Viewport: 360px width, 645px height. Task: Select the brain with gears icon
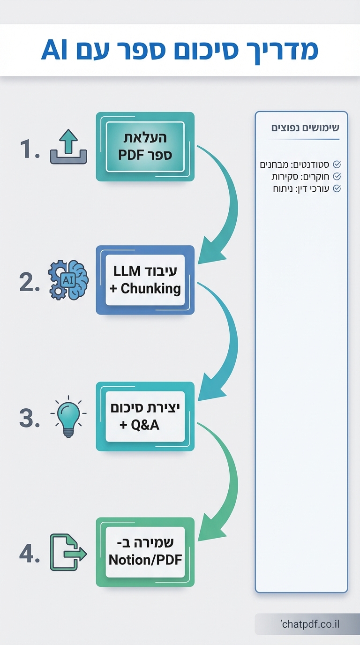point(68,280)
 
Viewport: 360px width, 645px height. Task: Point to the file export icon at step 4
point(68,553)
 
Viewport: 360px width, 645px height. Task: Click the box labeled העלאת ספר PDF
point(145,146)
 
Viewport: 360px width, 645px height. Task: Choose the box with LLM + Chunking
point(145,280)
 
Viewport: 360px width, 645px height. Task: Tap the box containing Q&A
point(145,416)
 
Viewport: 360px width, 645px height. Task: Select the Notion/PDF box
point(145,552)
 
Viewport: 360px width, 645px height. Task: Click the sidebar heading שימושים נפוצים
point(306,128)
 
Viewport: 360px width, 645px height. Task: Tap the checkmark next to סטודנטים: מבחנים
point(337,165)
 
